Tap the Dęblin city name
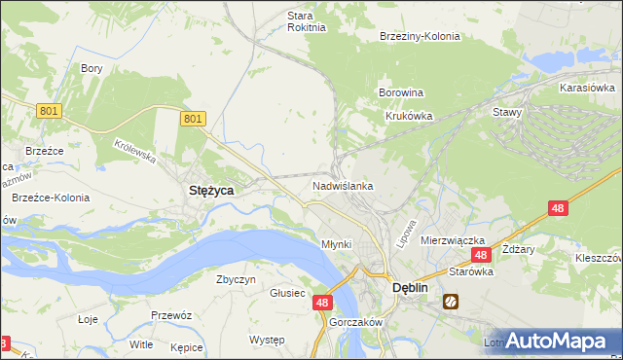click(411, 288)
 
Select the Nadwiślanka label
click(343, 185)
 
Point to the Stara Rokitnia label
click(300, 21)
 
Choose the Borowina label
click(400, 93)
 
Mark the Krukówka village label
click(407, 115)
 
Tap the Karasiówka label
click(587, 88)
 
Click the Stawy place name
click(507, 112)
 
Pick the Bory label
click(92, 68)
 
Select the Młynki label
click(336, 243)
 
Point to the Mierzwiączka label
click(453, 239)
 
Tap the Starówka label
click(471, 272)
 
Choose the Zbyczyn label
click(236, 279)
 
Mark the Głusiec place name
click(288, 293)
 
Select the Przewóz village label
click(170, 315)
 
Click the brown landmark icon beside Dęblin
click(452, 302)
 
